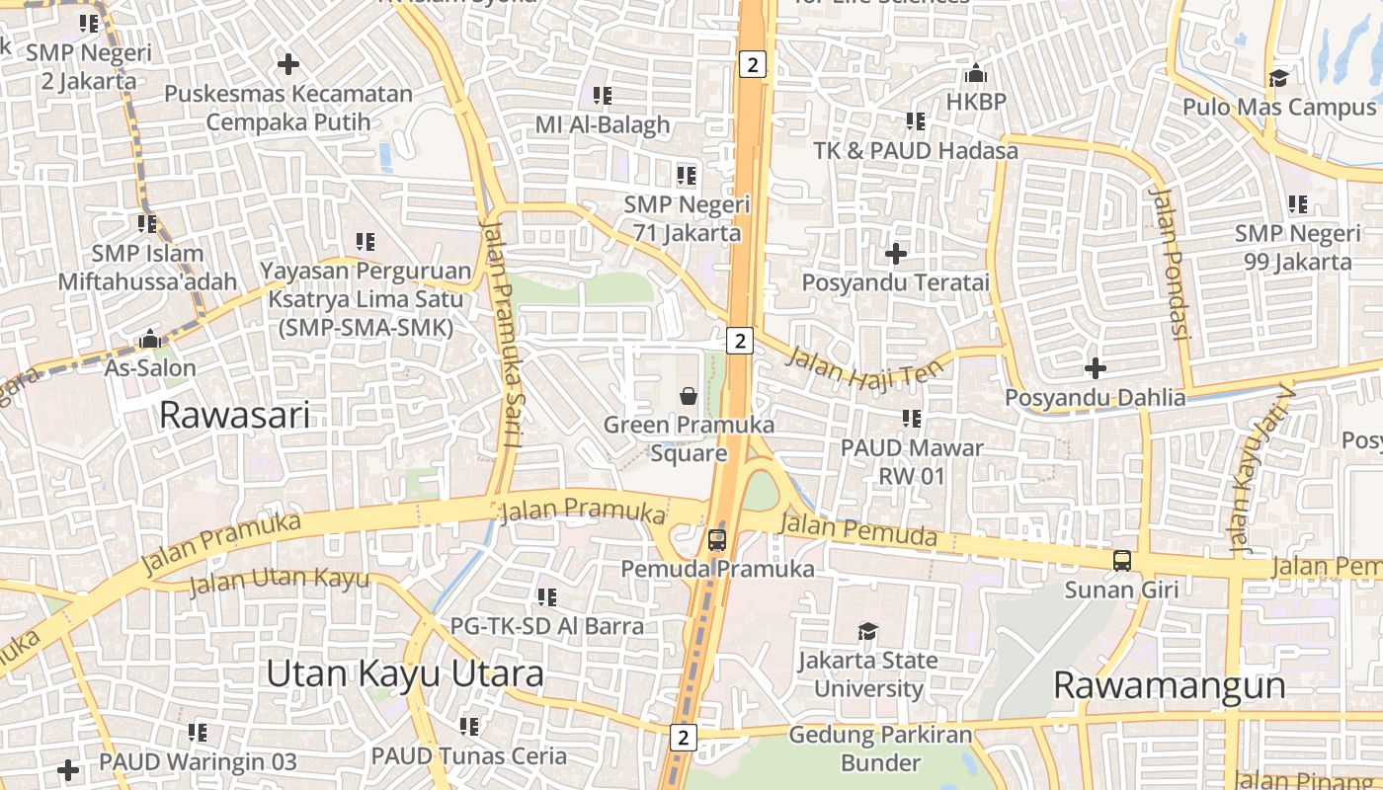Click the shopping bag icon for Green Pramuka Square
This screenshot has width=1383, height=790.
pyautogui.click(x=689, y=396)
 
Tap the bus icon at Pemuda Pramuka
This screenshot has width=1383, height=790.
pyautogui.click(x=717, y=540)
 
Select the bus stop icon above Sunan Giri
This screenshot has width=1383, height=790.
pyautogui.click(x=1122, y=561)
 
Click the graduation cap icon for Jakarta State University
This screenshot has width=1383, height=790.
pyautogui.click(x=867, y=631)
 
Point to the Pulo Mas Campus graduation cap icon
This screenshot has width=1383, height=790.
pyautogui.click(x=1278, y=78)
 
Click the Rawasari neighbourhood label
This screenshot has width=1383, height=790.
pyautogui.click(x=234, y=415)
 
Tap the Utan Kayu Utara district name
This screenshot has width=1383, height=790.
pyautogui.click(x=405, y=673)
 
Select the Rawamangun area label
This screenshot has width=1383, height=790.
pyautogui.click(x=1170, y=684)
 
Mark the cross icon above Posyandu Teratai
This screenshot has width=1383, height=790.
pyautogui.click(x=896, y=254)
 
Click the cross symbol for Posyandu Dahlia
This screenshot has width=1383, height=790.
pyautogui.click(x=1095, y=368)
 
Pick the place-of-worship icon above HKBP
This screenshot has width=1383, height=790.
pyautogui.click(x=976, y=73)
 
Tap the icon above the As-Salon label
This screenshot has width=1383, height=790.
pyautogui.click(x=150, y=339)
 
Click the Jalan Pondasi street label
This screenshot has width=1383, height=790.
pyautogui.click(x=1168, y=262)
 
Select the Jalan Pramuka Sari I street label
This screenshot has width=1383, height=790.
pyautogui.click(x=500, y=332)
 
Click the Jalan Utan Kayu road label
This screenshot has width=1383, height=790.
pyautogui.click(x=279, y=581)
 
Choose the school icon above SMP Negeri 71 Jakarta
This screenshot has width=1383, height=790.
pyautogui.click(x=687, y=176)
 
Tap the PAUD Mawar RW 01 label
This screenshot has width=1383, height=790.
pyautogui.click(x=912, y=461)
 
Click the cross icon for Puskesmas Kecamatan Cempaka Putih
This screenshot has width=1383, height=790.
pyautogui.click(x=288, y=65)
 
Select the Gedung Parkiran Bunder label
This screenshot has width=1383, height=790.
pyautogui.click(x=880, y=749)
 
